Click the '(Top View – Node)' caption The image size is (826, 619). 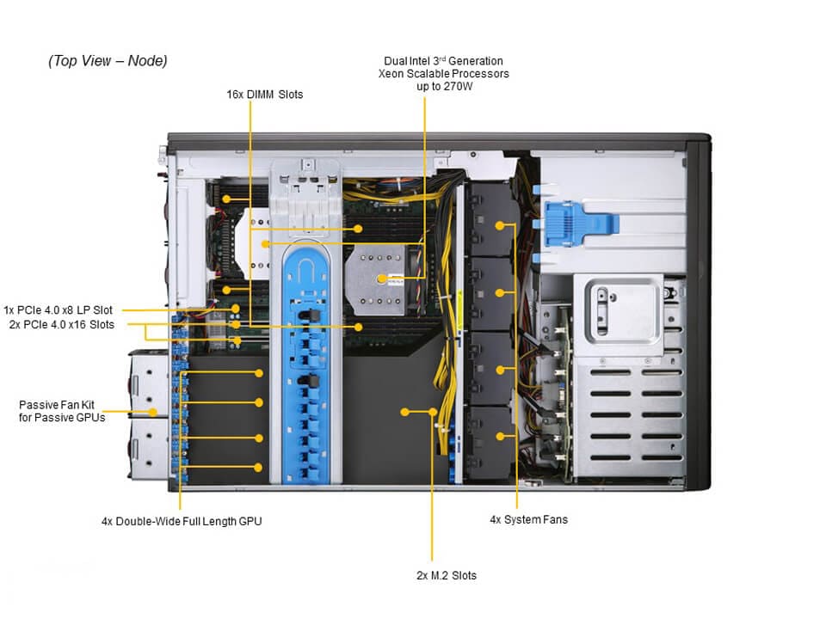click(108, 61)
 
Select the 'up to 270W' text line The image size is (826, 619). click(443, 87)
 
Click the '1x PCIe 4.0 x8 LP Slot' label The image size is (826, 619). click(58, 309)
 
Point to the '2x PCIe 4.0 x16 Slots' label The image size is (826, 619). click(61, 324)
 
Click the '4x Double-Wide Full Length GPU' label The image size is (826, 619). click(182, 521)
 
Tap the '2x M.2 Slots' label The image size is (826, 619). click(446, 575)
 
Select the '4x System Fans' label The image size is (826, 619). click(528, 519)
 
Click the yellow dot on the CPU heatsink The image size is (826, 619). click(381, 277)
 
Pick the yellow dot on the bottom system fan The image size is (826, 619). click(501, 437)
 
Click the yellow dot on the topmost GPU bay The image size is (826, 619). click(258, 373)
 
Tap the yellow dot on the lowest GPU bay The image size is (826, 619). click(258, 467)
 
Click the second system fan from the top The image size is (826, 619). click(490, 292)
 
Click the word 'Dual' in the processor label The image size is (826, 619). click(398, 61)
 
